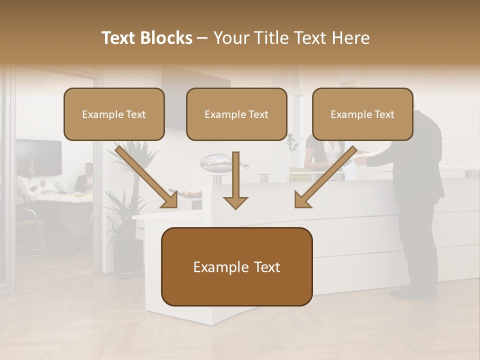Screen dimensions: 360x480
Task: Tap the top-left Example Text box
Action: (x=114, y=114)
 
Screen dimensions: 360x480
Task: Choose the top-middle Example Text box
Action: (x=236, y=114)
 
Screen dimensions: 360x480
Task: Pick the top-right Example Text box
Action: (x=362, y=114)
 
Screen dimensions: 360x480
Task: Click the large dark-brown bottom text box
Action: (x=236, y=266)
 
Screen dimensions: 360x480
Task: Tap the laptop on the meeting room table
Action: (x=61, y=187)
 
